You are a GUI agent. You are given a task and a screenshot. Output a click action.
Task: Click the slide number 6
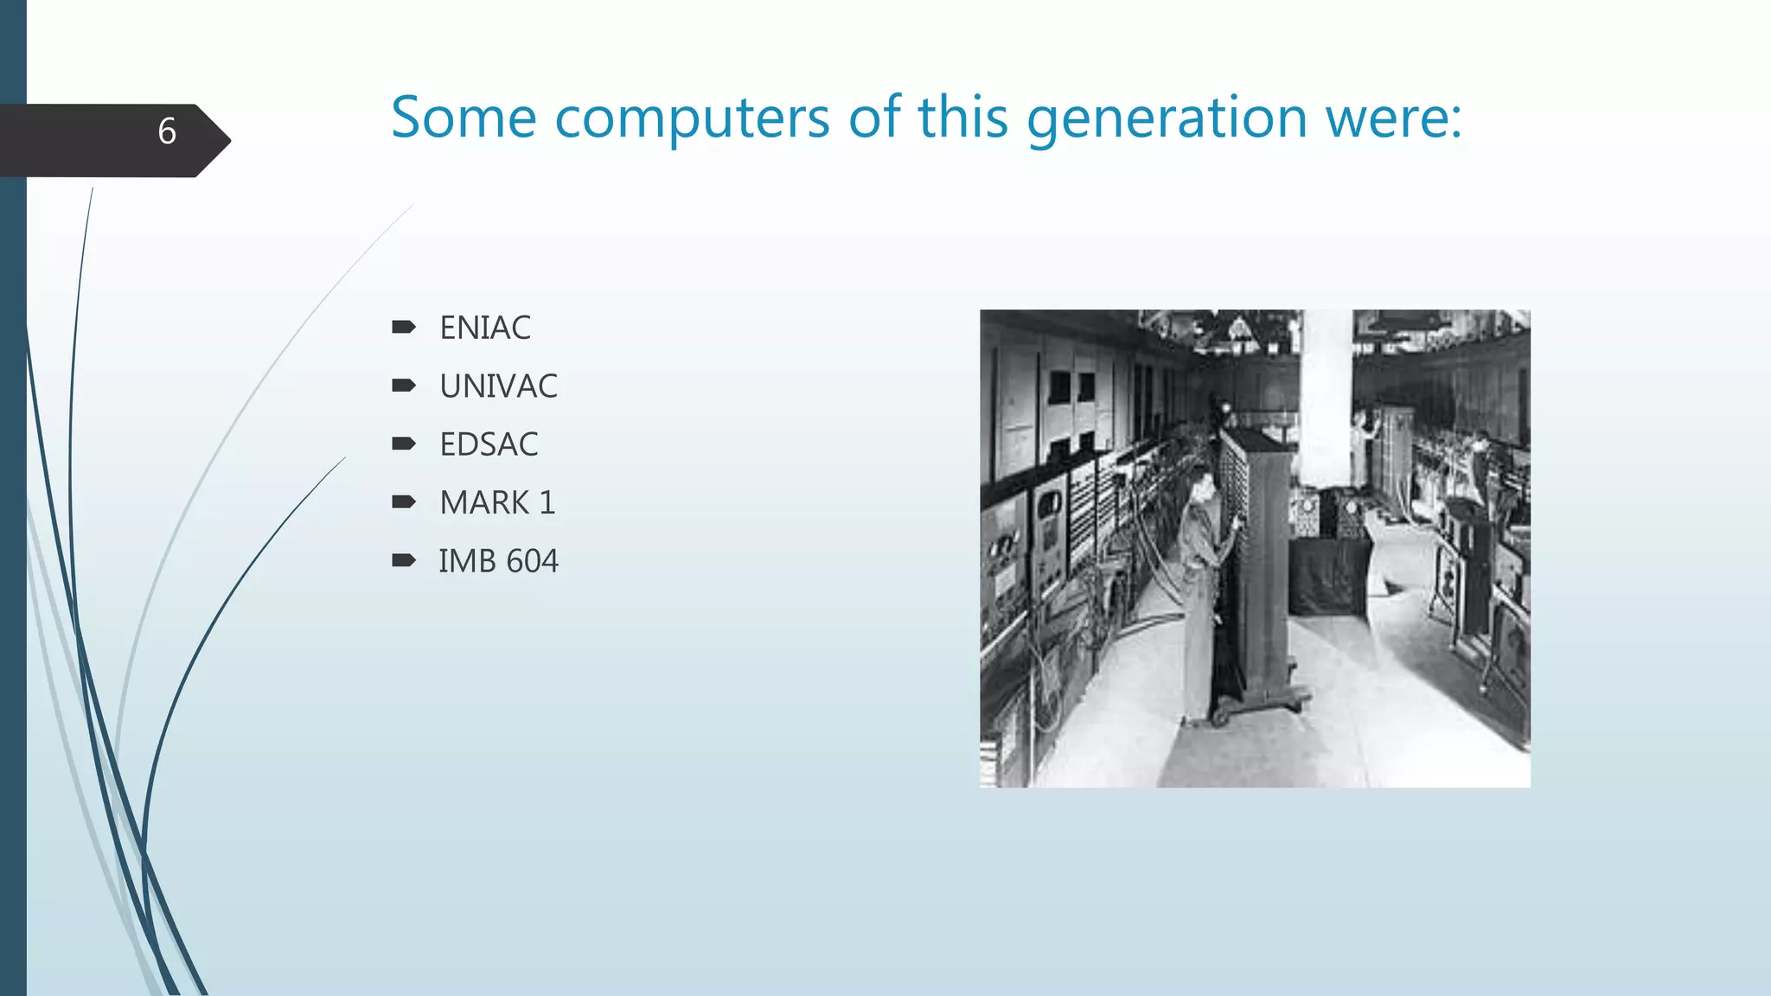point(167,131)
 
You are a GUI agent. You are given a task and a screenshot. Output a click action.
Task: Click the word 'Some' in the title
point(464,118)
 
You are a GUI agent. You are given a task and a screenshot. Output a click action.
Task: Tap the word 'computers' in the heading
point(692,119)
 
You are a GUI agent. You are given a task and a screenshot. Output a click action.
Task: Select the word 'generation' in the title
point(1167,119)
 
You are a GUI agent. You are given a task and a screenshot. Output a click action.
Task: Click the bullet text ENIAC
point(484,328)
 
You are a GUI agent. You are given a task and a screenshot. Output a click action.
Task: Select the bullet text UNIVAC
point(498,386)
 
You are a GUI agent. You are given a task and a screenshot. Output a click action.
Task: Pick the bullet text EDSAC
point(489,444)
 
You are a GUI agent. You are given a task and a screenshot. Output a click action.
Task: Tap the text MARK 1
point(497,502)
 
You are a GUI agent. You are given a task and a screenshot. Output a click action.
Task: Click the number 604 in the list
point(533,561)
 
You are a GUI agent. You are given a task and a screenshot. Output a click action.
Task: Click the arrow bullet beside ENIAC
point(403,327)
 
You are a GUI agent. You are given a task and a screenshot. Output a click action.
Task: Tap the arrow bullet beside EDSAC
point(403,444)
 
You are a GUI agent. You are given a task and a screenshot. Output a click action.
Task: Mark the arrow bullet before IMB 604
point(403,561)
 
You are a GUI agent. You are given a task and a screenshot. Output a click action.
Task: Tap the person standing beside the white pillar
point(1360,450)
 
